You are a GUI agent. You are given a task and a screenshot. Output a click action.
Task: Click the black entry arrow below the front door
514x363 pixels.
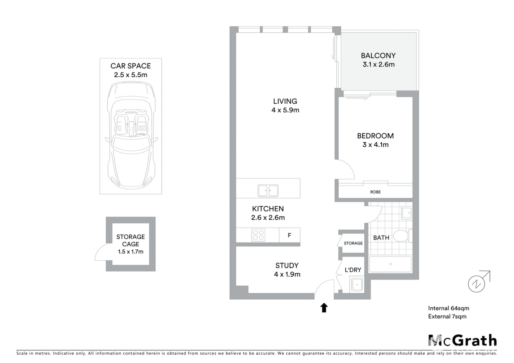pyautogui.click(x=324, y=307)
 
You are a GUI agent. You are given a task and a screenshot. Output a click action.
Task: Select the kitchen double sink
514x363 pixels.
pyautogui.click(x=268, y=191)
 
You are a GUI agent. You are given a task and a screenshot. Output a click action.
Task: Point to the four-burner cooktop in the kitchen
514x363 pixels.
pyautogui.click(x=258, y=235)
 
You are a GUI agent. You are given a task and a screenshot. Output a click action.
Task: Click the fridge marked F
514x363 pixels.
pyautogui.click(x=289, y=235)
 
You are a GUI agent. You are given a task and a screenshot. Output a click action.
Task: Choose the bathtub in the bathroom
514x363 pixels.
pyautogui.click(x=390, y=264)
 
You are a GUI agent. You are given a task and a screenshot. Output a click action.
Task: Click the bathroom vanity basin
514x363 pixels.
pyautogui.click(x=407, y=213)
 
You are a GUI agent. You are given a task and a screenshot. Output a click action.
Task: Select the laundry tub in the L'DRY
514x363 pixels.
pyautogui.click(x=357, y=285)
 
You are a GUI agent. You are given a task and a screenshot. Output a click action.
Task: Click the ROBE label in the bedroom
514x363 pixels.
pyautogui.click(x=376, y=192)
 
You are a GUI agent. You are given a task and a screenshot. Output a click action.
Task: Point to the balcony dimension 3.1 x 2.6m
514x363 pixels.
pyautogui.click(x=379, y=65)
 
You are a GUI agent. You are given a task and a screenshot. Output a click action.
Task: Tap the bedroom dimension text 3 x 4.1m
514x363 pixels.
pyautogui.click(x=376, y=145)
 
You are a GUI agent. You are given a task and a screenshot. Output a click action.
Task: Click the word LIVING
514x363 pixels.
pyautogui.click(x=285, y=101)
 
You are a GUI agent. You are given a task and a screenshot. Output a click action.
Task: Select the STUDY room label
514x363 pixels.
pyautogui.click(x=287, y=265)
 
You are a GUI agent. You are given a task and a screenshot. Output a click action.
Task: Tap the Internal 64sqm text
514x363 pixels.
pyautogui.click(x=448, y=308)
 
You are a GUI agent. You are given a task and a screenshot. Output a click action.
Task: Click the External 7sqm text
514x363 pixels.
pyautogui.click(x=447, y=316)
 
